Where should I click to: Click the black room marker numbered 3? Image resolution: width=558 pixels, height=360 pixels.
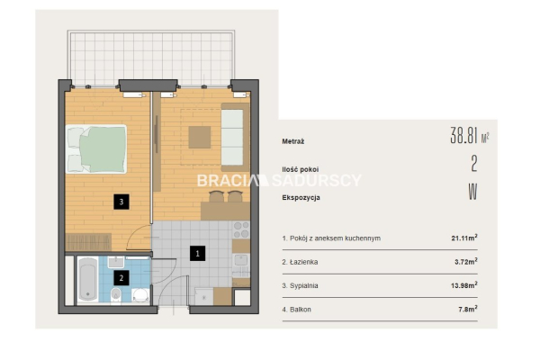click(x=121, y=202)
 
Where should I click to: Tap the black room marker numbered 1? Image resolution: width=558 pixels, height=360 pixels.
click(x=197, y=253)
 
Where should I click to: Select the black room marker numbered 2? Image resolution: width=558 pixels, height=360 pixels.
click(x=121, y=278)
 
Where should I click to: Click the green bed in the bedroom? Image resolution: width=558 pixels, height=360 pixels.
click(x=96, y=149)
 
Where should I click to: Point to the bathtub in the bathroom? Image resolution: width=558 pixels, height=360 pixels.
click(x=88, y=280)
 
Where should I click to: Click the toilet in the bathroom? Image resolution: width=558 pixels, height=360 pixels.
click(x=116, y=295)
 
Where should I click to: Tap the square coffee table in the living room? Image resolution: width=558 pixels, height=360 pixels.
click(x=199, y=138)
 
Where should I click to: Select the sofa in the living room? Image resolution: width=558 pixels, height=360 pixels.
click(x=235, y=137)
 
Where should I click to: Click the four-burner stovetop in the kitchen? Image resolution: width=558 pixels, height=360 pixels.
click(x=241, y=229)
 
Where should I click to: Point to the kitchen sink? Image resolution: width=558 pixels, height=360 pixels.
click(x=241, y=261)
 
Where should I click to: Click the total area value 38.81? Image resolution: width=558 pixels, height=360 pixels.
click(x=463, y=135)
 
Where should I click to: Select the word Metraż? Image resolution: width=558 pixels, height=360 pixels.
click(x=292, y=141)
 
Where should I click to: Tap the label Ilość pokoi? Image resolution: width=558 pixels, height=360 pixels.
click(x=301, y=169)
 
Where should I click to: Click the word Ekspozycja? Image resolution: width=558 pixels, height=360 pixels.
click(x=301, y=197)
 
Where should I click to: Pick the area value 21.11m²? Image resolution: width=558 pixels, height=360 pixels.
click(x=464, y=238)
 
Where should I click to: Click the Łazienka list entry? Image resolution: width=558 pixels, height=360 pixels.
click(x=300, y=262)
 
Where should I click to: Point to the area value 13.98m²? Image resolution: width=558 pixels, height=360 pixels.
click(x=464, y=285)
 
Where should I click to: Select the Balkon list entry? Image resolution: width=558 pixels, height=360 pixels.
click(x=296, y=310)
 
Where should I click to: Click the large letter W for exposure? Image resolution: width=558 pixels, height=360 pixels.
click(x=472, y=192)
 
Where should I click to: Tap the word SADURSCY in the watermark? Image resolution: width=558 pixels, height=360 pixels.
click(x=317, y=180)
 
